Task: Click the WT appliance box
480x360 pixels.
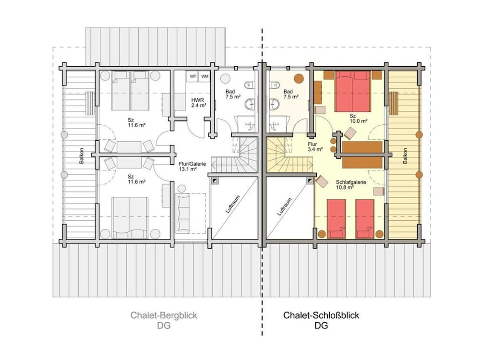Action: click(x=192, y=76)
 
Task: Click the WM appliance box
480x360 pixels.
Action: click(x=204, y=76)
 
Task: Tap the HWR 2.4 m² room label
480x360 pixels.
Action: click(x=199, y=103)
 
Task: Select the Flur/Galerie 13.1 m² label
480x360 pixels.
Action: click(x=192, y=166)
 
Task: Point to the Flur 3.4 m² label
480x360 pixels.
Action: click(x=315, y=146)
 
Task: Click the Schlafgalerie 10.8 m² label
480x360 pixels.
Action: click(x=351, y=185)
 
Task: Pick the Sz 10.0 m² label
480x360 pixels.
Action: click(x=358, y=119)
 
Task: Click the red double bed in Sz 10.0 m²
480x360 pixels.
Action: click(x=353, y=91)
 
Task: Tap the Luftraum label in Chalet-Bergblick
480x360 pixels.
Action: click(x=232, y=204)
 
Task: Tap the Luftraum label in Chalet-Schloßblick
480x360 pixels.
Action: click(x=284, y=207)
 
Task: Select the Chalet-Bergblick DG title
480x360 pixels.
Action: click(x=164, y=320)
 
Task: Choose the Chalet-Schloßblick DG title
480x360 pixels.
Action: click(x=321, y=320)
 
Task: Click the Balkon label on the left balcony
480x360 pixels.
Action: click(x=82, y=156)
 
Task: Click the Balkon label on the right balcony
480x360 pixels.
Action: click(x=405, y=156)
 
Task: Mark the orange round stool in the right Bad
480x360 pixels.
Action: click(x=299, y=78)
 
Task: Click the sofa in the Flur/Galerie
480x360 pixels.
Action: click(x=183, y=213)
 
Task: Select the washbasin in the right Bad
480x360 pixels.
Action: click(x=274, y=104)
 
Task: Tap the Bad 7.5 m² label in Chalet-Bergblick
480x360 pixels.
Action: click(x=233, y=94)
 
